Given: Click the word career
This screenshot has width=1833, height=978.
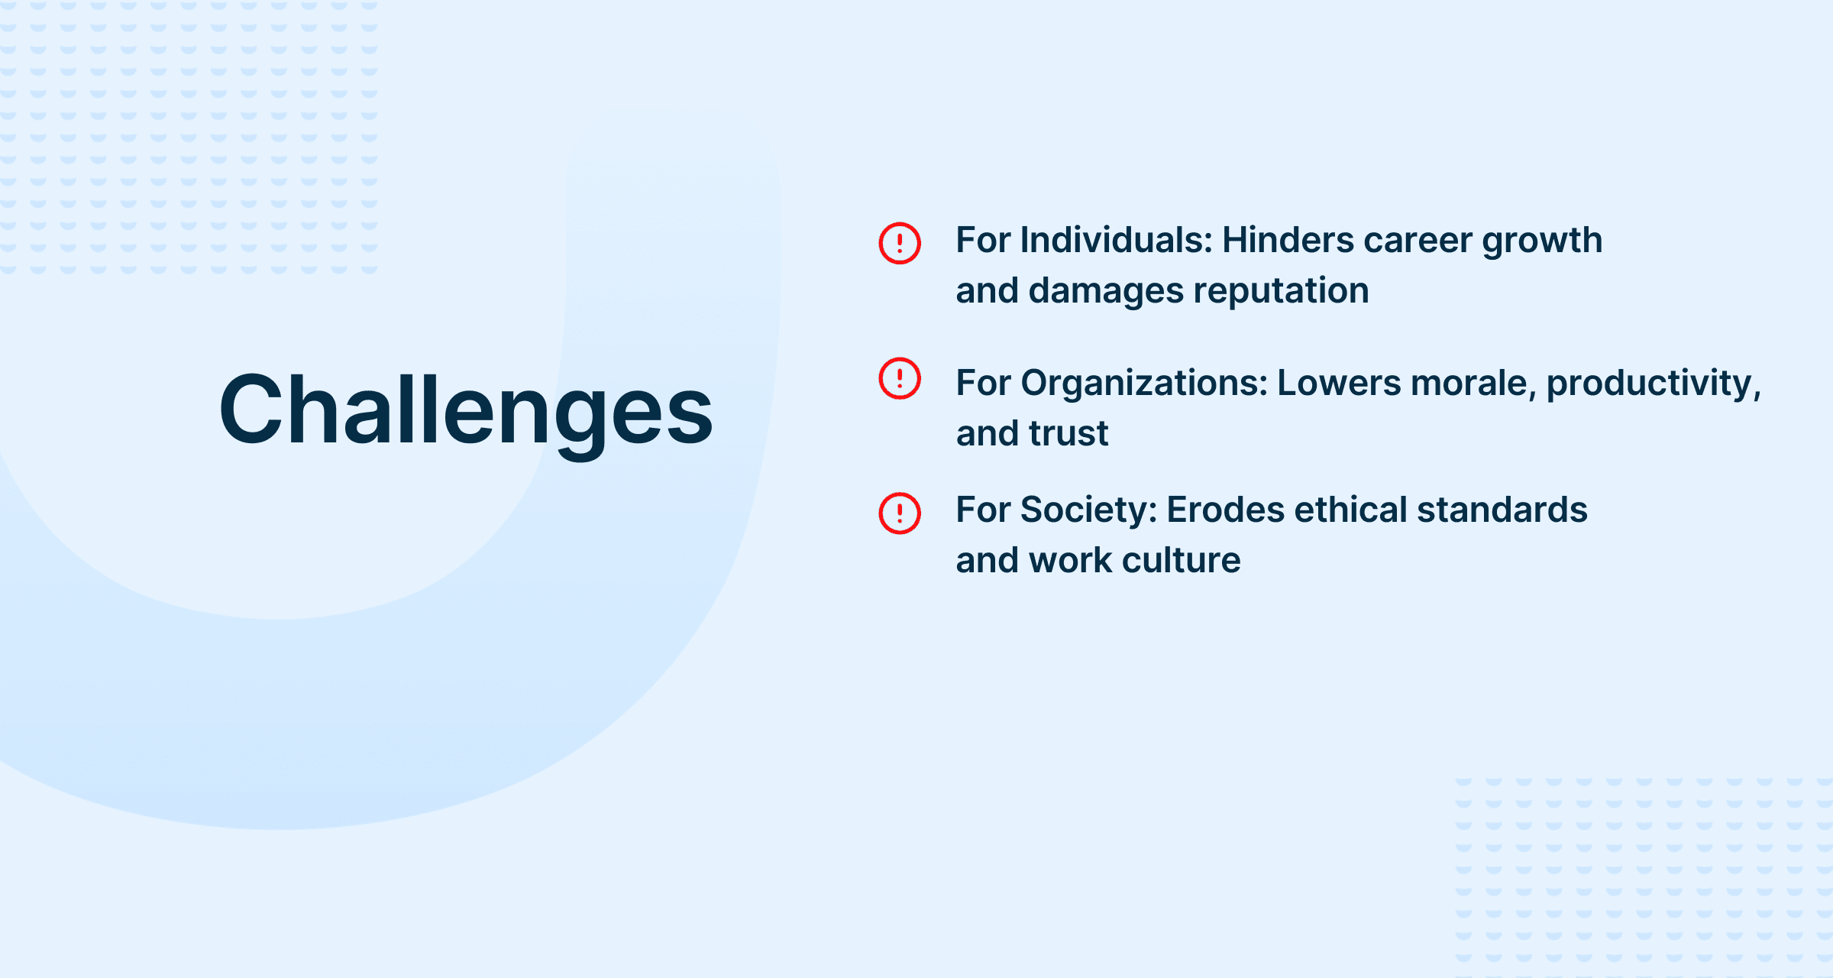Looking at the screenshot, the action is [1418, 241].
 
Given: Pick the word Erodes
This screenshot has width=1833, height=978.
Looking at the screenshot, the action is [1226, 510].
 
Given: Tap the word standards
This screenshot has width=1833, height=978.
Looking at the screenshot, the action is [1502, 510].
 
